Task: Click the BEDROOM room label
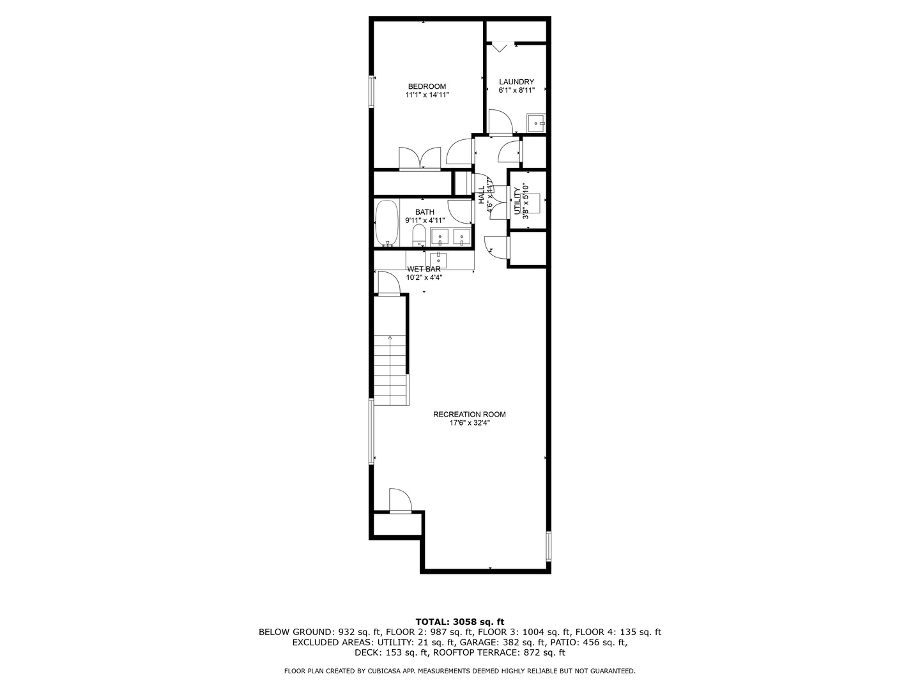click(427, 87)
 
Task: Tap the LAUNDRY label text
click(516, 82)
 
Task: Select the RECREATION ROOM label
click(470, 415)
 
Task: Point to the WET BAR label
click(424, 269)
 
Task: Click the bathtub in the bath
click(387, 224)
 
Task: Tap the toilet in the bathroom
click(419, 236)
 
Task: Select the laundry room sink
click(536, 123)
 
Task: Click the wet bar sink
click(439, 260)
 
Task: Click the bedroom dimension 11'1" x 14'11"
click(427, 95)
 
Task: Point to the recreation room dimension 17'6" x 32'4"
click(470, 423)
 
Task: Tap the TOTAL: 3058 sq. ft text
click(460, 622)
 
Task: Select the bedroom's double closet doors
click(420, 158)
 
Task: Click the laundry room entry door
click(501, 122)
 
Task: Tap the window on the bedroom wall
click(371, 91)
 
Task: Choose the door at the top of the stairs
click(389, 284)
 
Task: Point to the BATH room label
click(425, 212)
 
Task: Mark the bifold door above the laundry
click(500, 46)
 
